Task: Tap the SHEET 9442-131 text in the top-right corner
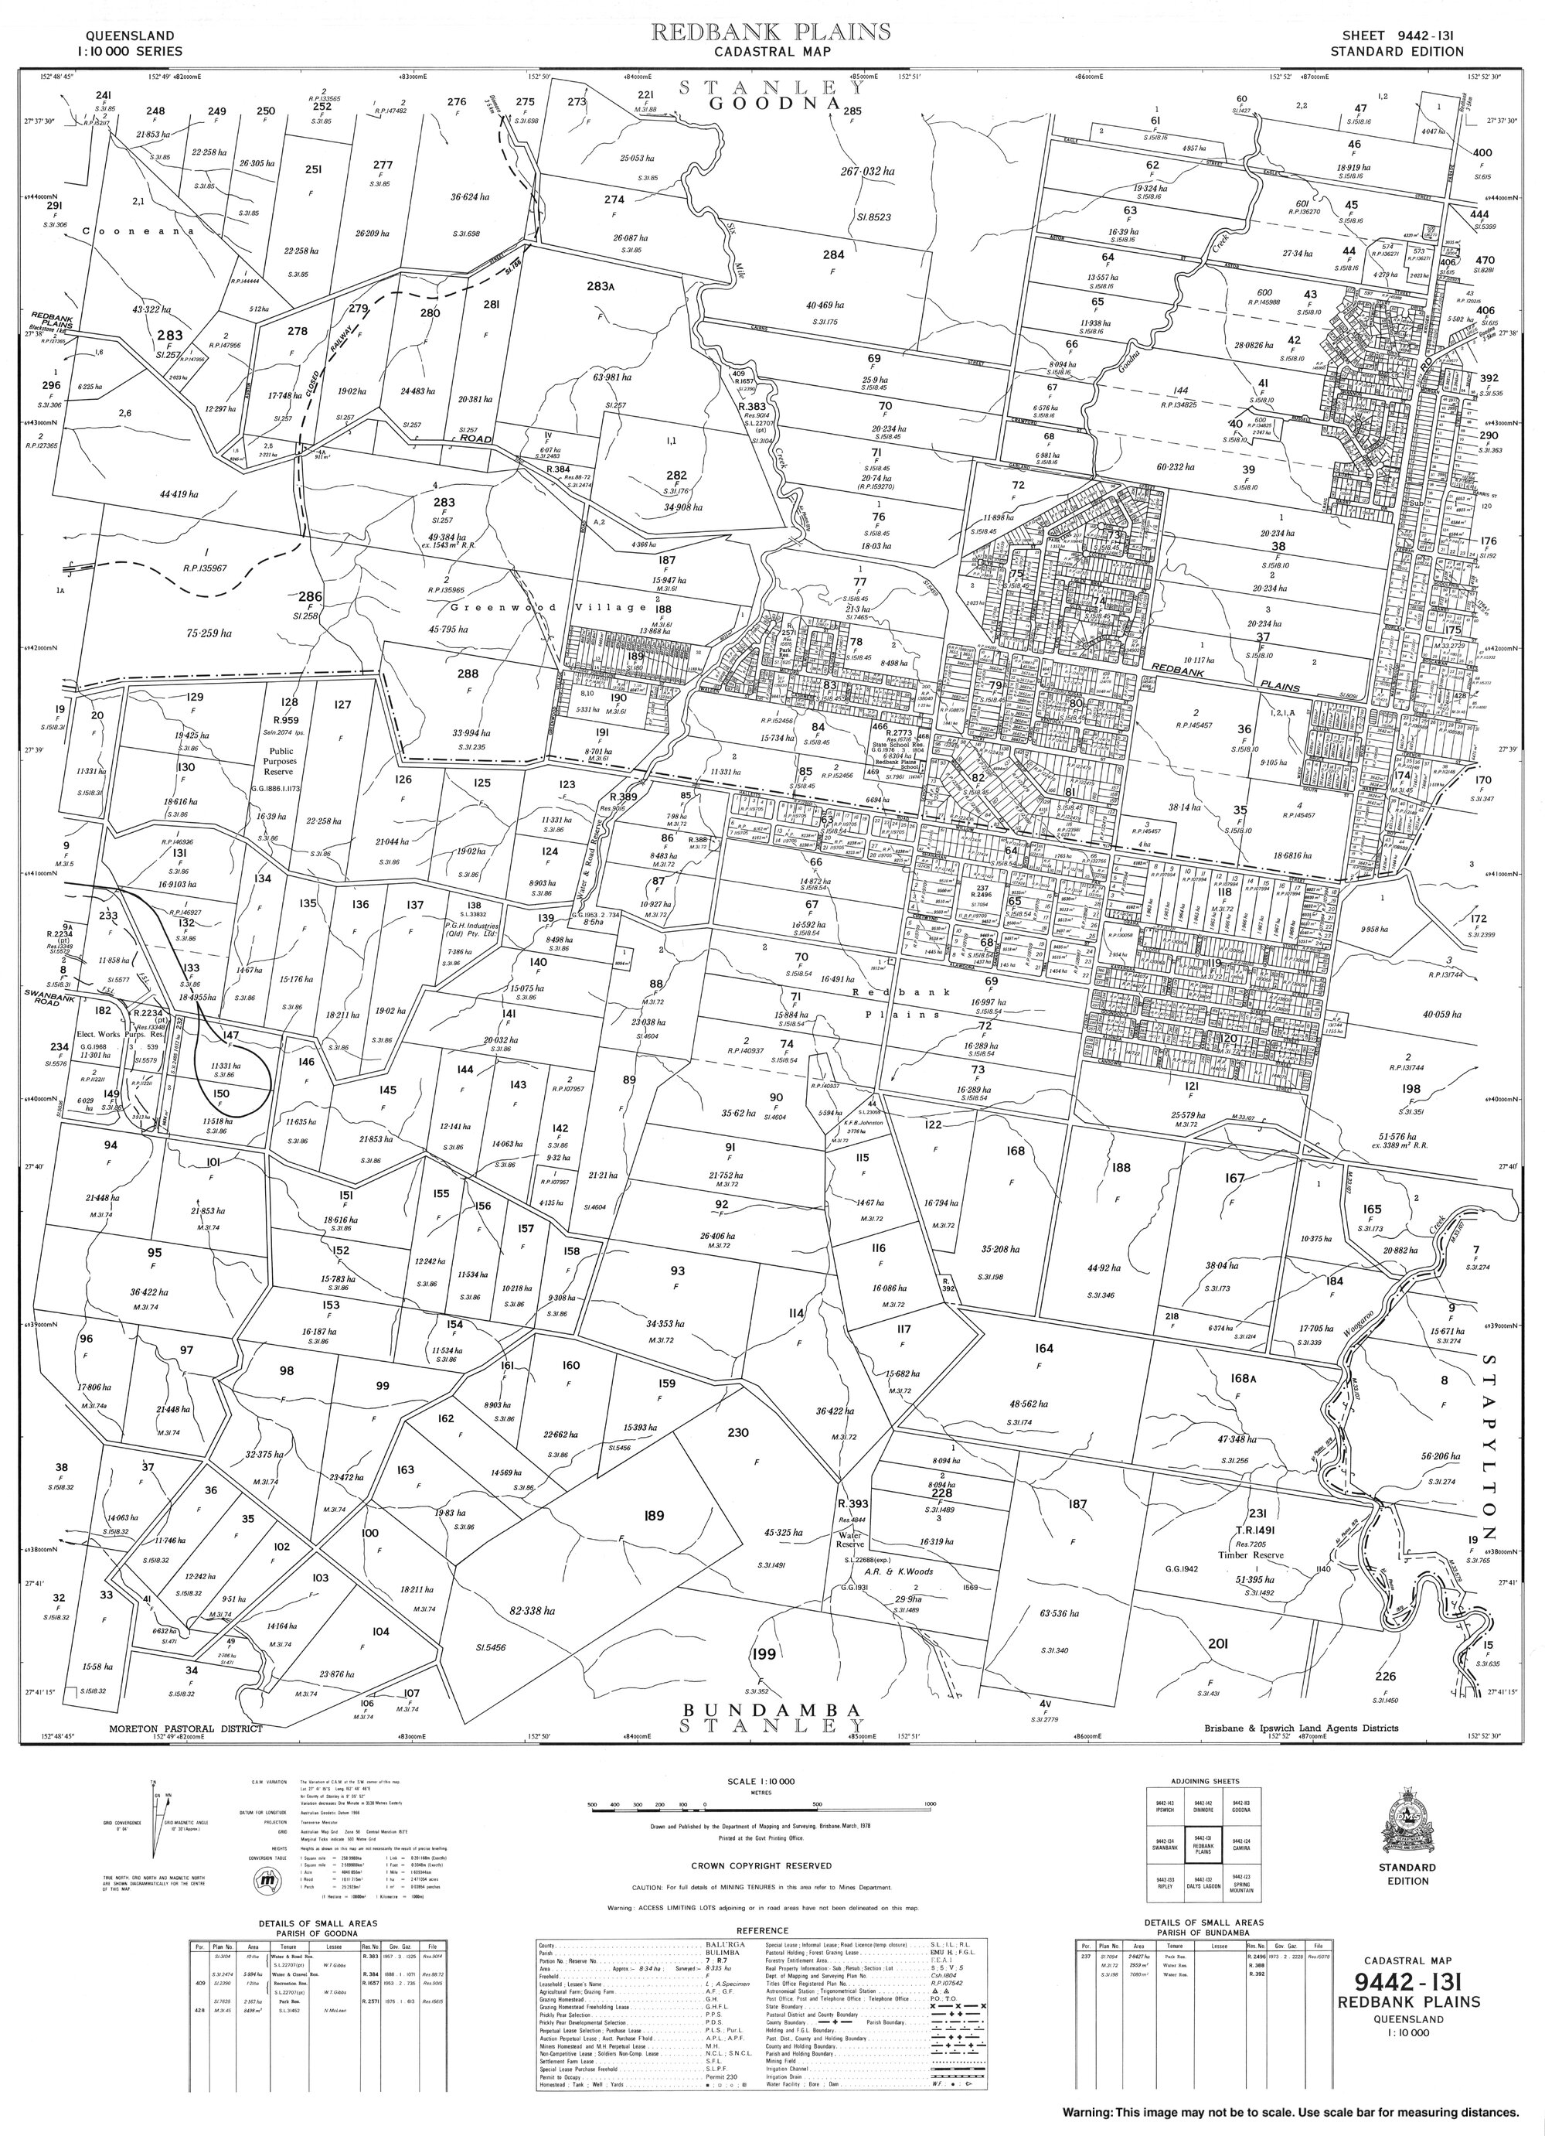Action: pyautogui.click(x=1397, y=34)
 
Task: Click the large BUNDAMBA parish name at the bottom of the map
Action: pyautogui.click(x=771, y=1708)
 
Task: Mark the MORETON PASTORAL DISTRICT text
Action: pyautogui.click(x=185, y=1728)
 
